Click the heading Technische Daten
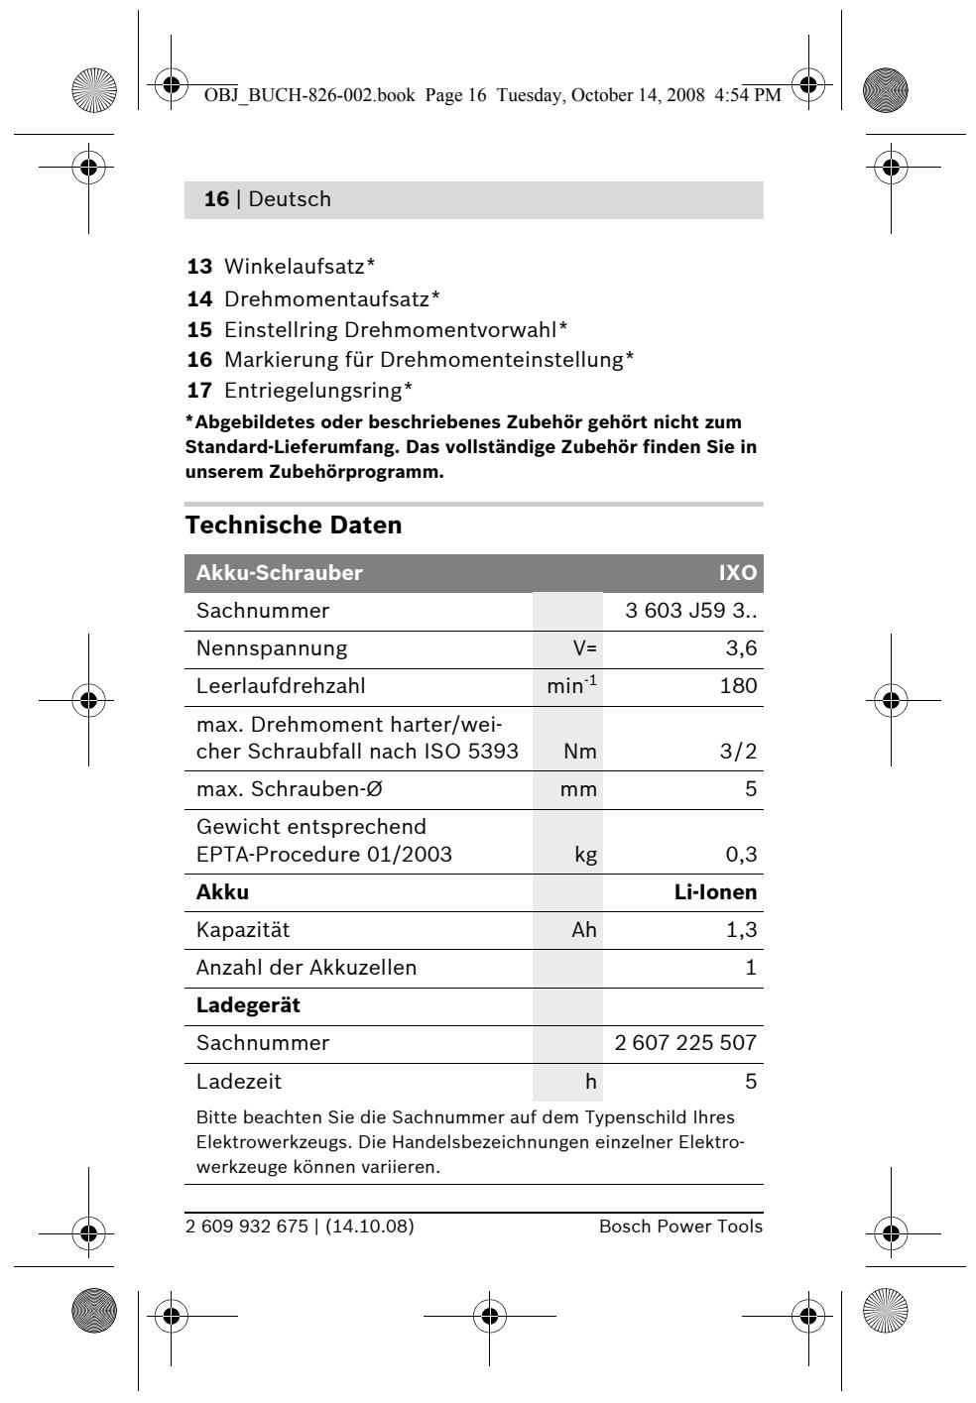click(x=294, y=526)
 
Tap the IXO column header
click(x=737, y=573)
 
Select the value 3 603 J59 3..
click(x=690, y=611)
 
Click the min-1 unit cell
click(x=572, y=686)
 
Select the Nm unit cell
click(x=580, y=752)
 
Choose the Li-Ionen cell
click(x=715, y=892)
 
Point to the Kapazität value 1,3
click(x=741, y=930)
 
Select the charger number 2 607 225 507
click(x=686, y=1043)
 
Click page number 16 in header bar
click(x=215, y=199)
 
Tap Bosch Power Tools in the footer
click(x=680, y=1227)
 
